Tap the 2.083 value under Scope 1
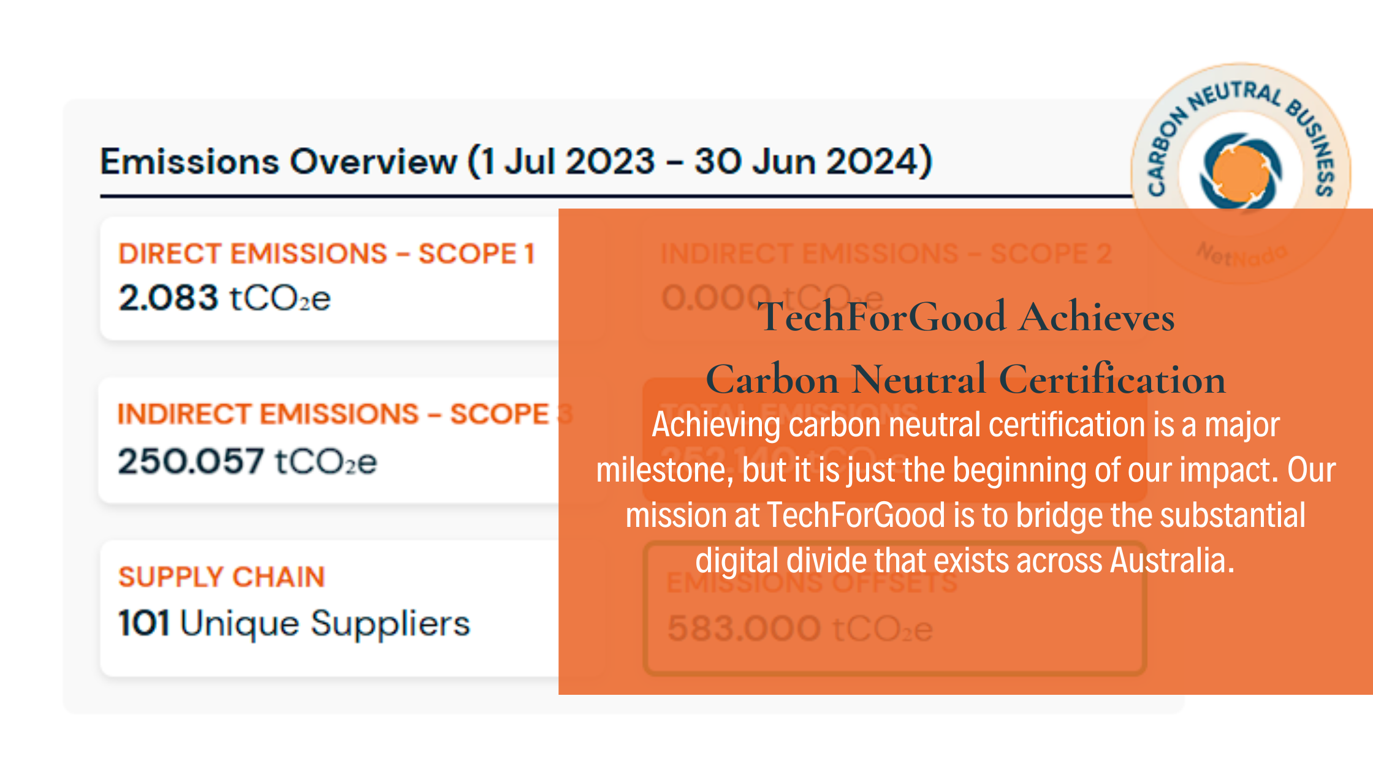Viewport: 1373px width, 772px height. point(168,298)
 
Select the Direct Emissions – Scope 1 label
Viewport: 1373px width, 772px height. point(327,254)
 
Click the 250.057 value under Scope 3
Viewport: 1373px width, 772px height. point(191,461)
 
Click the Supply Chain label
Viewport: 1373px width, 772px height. point(221,577)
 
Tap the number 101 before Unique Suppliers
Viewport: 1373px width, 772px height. point(143,623)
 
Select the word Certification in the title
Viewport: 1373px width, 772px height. point(1112,379)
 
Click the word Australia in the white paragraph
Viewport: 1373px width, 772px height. point(1172,560)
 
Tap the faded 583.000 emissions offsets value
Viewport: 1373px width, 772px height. point(744,629)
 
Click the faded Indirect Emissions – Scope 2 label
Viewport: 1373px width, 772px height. point(886,254)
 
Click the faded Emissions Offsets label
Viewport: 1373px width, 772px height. point(812,583)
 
